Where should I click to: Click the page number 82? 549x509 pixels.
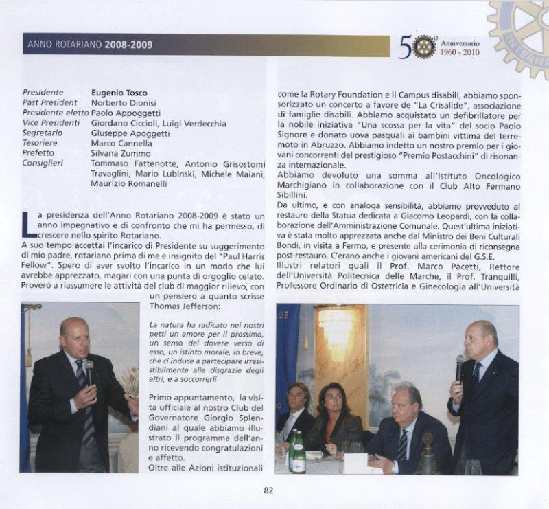coord(268,490)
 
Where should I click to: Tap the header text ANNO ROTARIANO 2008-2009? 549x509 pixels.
coord(90,45)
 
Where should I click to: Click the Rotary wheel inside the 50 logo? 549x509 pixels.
coord(425,46)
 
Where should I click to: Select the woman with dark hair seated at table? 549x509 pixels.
coord(331,419)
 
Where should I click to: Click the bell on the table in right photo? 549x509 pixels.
coord(428,455)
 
